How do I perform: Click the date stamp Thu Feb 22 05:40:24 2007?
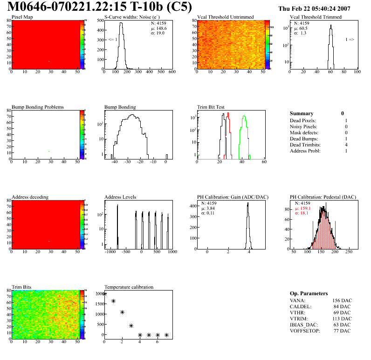[x=320, y=8]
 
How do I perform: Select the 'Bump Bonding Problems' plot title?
[x=37, y=107]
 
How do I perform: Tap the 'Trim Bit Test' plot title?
[x=211, y=107]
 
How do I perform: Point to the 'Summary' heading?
[x=302, y=113]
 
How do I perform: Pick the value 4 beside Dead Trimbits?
[x=346, y=145]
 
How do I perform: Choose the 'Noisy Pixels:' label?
[x=303, y=127]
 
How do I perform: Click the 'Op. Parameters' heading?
[x=309, y=293]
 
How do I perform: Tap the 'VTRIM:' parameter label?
[x=299, y=318]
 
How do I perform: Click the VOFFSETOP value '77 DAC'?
[x=343, y=331]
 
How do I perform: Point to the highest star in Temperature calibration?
[x=104, y=294]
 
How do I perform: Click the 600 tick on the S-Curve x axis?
[x=172, y=72]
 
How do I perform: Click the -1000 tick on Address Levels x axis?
[x=110, y=251]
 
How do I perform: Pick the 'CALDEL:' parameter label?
[x=300, y=306]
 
